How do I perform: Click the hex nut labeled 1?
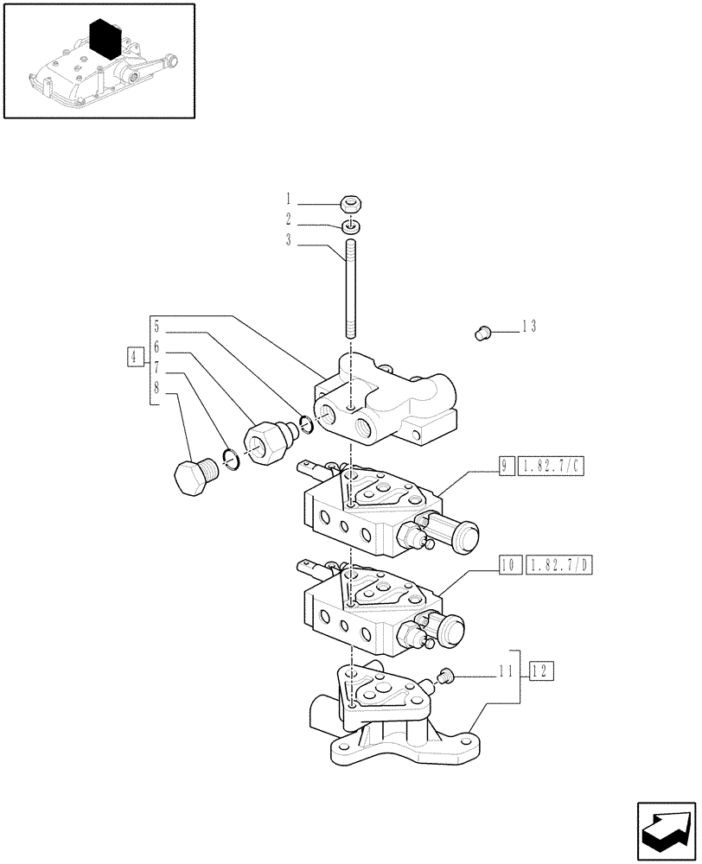[350, 205]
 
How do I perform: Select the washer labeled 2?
[350, 227]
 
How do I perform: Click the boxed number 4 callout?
[133, 356]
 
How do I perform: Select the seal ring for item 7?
[230, 460]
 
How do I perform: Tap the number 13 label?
[528, 327]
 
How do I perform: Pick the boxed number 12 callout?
[540, 670]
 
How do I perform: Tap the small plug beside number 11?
[447, 676]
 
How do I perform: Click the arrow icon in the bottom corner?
[665, 829]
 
